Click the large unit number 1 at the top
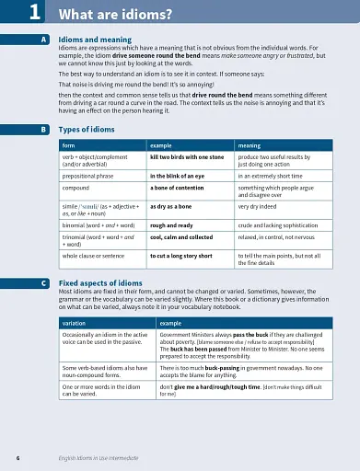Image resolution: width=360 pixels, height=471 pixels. (x=34, y=11)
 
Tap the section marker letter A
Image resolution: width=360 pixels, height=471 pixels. (x=44, y=40)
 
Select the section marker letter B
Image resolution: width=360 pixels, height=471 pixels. (x=44, y=130)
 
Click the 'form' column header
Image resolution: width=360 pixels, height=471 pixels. (x=68, y=145)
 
